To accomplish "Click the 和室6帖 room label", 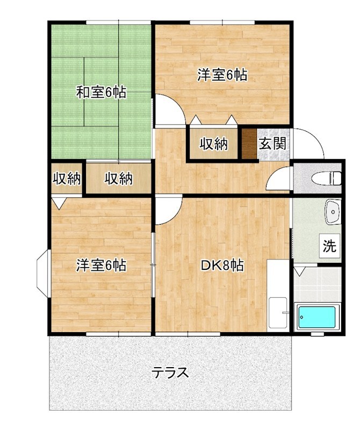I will click(101, 92).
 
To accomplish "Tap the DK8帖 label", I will click(222, 265).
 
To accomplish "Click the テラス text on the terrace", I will click(170, 372).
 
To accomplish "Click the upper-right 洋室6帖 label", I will click(222, 75).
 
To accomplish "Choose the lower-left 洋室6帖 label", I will click(101, 265).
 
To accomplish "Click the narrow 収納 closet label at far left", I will click(66, 178).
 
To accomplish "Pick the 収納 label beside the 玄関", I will click(214, 144).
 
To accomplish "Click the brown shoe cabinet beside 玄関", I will click(249, 144).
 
